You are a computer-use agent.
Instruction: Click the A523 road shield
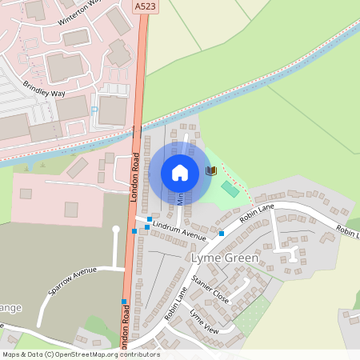(145, 6)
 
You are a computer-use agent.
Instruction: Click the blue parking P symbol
(94, 110)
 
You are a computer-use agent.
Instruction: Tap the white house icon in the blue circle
(180, 172)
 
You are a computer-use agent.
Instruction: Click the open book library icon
(211, 171)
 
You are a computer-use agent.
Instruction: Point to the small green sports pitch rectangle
(230, 189)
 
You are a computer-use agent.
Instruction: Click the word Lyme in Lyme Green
(205, 258)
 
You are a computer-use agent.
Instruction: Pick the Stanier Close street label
(210, 290)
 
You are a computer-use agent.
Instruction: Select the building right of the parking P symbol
(113, 109)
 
